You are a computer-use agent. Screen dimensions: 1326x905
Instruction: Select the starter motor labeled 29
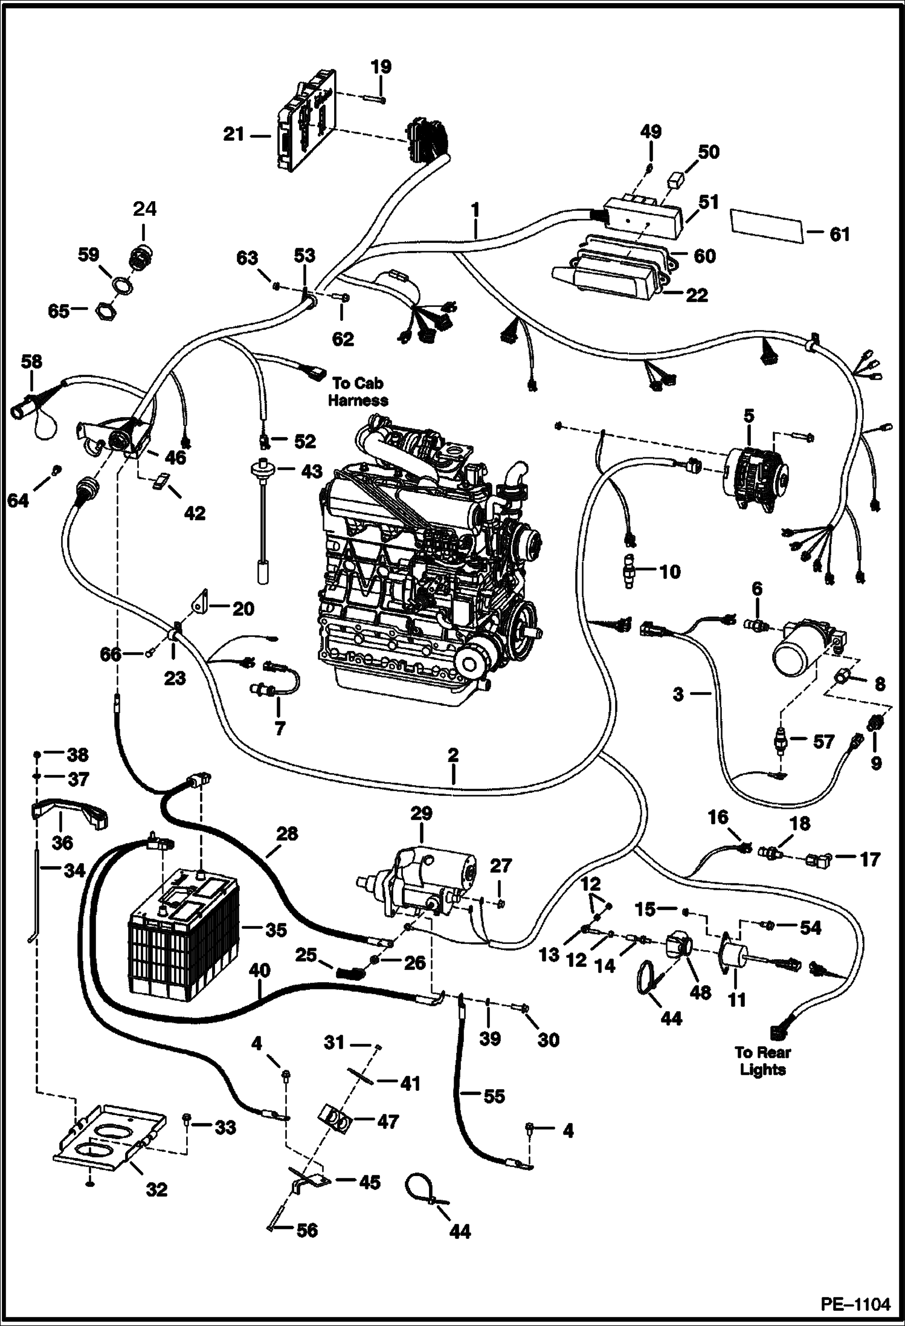pos(423,886)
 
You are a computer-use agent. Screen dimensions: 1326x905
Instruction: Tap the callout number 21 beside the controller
pos(234,134)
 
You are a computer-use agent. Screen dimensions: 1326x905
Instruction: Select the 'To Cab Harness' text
pos(359,391)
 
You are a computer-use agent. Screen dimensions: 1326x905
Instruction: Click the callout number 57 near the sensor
pos(823,741)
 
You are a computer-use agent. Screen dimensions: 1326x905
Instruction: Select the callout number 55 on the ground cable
pos(494,1096)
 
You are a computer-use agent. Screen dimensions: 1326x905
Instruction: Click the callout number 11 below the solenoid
pos(736,999)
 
